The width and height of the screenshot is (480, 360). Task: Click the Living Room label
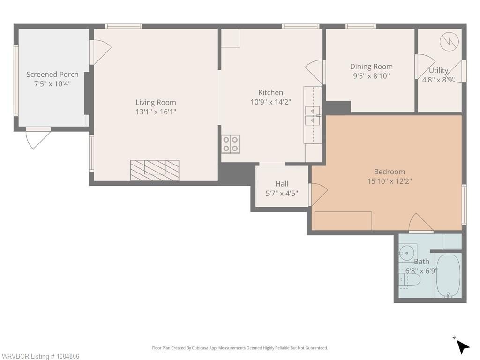(156, 102)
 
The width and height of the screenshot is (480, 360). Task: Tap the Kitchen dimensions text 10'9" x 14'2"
(270, 102)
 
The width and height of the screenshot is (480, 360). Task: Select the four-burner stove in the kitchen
(231, 144)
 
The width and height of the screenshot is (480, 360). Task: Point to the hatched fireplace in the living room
(155, 170)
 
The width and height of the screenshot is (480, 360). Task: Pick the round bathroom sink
(407, 253)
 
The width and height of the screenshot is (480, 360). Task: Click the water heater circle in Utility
(450, 41)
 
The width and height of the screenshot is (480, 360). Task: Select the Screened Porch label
(52, 74)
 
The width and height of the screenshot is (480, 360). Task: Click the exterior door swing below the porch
(37, 138)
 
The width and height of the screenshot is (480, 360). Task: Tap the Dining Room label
(371, 67)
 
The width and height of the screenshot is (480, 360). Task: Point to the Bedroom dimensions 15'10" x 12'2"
(390, 181)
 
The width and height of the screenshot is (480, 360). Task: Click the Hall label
(282, 184)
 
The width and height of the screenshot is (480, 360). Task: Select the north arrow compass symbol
(462, 345)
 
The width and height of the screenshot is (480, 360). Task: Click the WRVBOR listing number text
(39, 356)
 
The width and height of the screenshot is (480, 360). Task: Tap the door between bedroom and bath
(421, 223)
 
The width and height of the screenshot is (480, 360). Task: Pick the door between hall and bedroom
(318, 194)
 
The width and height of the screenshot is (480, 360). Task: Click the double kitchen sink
(312, 115)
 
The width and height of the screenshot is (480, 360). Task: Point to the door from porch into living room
(100, 52)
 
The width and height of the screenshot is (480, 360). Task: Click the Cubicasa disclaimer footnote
(240, 348)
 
